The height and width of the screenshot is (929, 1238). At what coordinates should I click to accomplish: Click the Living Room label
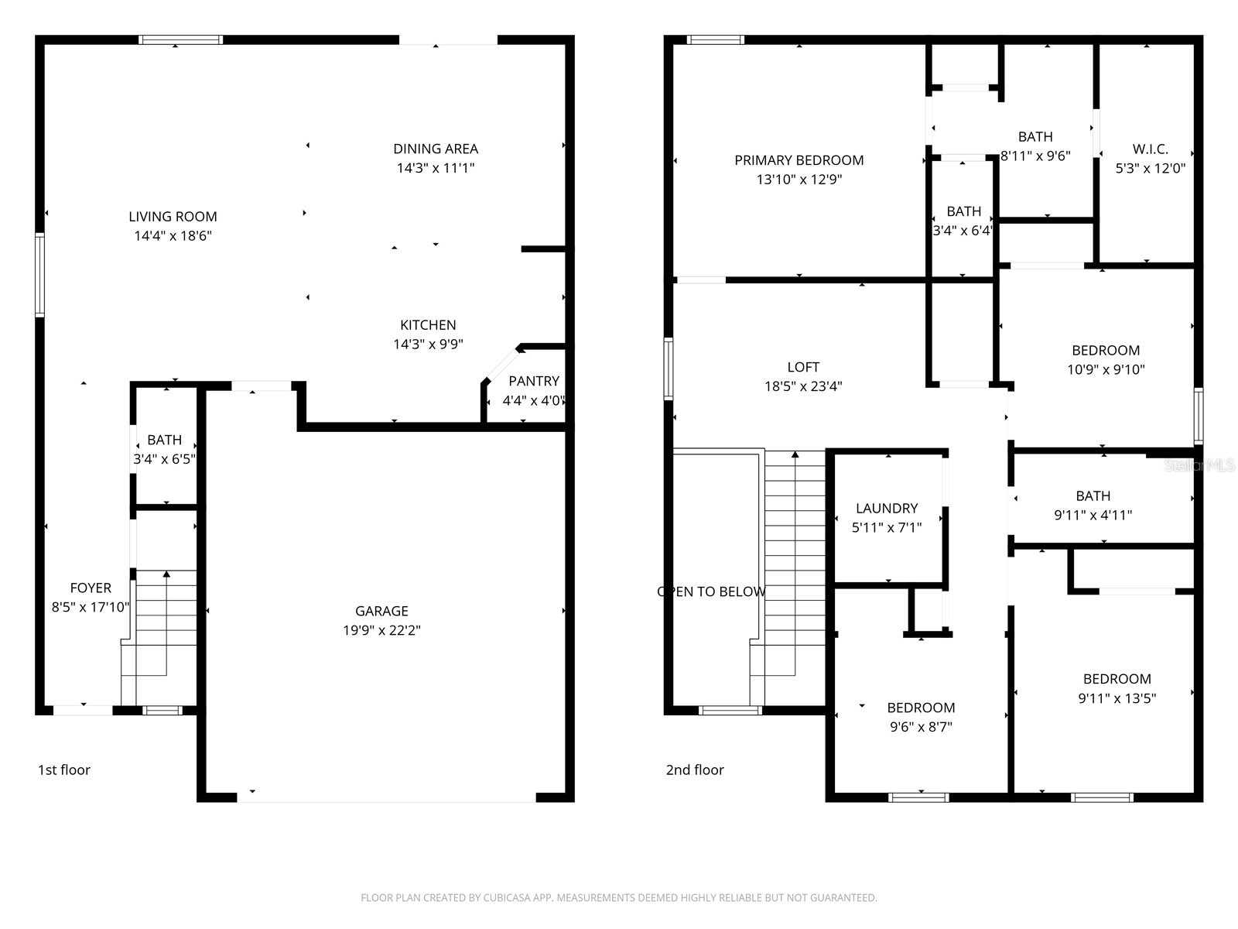(x=173, y=217)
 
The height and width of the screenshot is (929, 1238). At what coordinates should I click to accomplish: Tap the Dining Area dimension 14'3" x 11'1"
(x=436, y=168)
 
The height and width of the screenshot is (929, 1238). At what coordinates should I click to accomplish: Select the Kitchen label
(x=428, y=325)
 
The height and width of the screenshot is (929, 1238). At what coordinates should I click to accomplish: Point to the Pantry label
(x=534, y=382)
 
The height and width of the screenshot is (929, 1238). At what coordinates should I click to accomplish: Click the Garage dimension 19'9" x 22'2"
(x=381, y=630)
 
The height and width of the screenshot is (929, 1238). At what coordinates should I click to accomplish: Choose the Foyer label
(x=91, y=588)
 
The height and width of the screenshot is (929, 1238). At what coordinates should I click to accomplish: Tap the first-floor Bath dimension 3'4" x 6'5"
(x=164, y=459)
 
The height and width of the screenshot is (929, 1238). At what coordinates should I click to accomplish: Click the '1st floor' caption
(x=64, y=770)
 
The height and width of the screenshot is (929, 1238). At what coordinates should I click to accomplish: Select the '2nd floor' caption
(x=695, y=770)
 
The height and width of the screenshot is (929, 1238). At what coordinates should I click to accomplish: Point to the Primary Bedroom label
(x=799, y=160)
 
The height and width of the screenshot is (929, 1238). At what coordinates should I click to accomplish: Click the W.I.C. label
(x=1150, y=149)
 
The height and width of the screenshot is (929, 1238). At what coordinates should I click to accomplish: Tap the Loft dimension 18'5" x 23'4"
(x=803, y=386)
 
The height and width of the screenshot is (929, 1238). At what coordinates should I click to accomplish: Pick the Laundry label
(x=887, y=508)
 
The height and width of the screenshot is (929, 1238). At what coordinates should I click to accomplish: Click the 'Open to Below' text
(x=711, y=591)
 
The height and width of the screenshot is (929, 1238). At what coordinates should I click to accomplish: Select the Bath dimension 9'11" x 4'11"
(x=1093, y=515)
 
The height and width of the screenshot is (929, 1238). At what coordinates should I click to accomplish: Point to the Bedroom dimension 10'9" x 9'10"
(x=1106, y=369)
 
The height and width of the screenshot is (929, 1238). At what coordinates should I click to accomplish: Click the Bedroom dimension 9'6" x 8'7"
(x=921, y=727)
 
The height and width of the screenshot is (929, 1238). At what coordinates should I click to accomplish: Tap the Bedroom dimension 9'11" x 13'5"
(x=1117, y=698)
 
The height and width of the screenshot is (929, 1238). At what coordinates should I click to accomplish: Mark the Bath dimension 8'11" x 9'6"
(x=1035, y=156)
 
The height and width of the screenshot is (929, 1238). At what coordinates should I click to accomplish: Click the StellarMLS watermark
(x=1199, y=465)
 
